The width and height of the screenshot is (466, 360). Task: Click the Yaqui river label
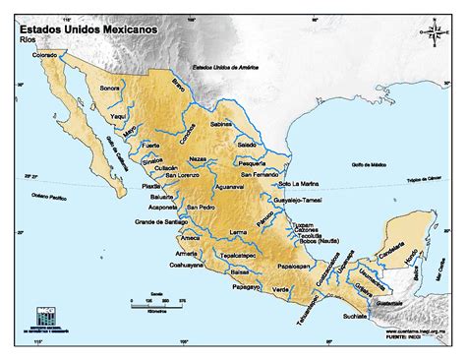click(117, 115)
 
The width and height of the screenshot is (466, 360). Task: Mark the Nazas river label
click(198, 157)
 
